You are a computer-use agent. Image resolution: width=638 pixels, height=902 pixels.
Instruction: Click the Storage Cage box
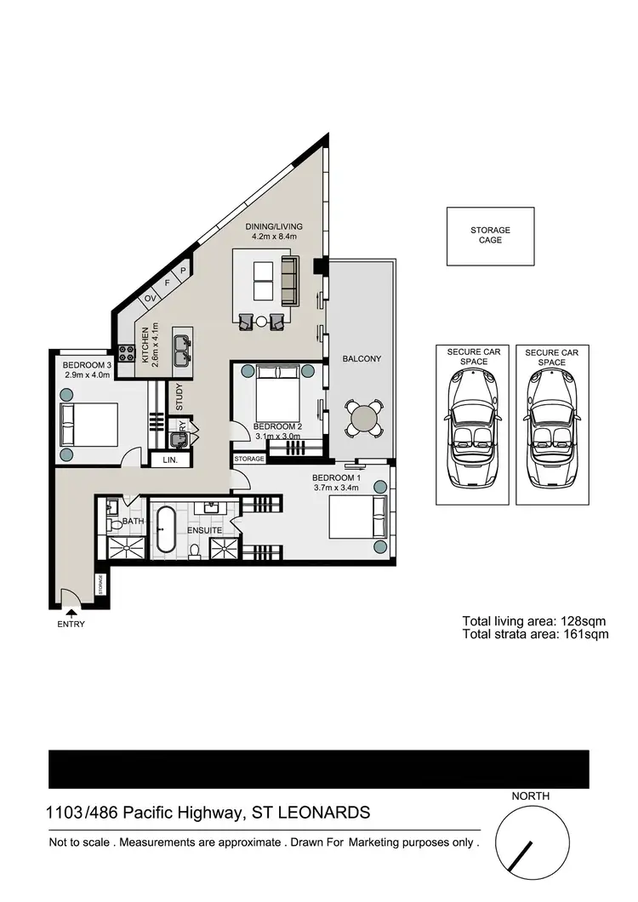(x=490, y=236)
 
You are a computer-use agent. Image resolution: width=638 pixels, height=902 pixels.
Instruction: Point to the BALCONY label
(x=362, y=359)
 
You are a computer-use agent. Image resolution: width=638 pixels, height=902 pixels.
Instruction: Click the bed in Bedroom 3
(x=88, y=423)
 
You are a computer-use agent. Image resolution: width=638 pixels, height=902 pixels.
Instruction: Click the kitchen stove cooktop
(x=127, y=351)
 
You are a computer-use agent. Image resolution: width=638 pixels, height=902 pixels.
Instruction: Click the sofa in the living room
(x=289, y=279)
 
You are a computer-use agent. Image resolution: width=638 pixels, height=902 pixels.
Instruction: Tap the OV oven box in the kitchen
(x=149, y=298)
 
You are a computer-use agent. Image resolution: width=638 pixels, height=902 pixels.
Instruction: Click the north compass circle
(x=532, y=842)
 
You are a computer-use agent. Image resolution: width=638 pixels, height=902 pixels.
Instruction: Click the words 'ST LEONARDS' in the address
(x=308, y=813)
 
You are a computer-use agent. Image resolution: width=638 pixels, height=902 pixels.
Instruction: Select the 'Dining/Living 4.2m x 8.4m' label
(x=274, y=231)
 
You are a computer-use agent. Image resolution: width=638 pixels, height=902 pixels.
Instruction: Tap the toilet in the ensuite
(x=194, y=551)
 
